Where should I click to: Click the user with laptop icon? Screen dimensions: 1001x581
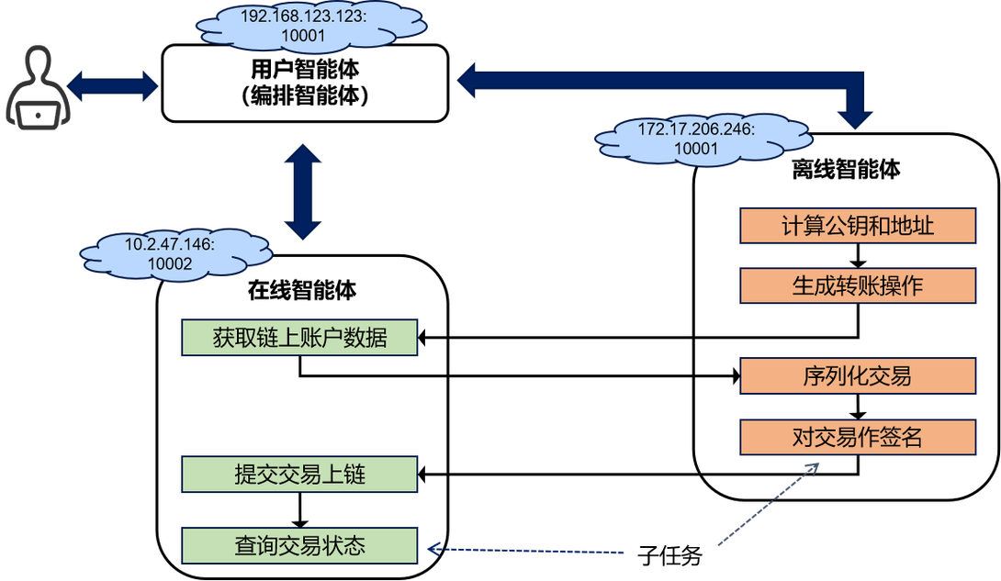tap(38, 88)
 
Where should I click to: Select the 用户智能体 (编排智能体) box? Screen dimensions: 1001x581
tap(305, 84)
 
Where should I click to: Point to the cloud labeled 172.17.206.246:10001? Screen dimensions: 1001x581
tap(703, 139)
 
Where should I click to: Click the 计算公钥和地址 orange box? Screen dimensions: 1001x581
tap(858, 225)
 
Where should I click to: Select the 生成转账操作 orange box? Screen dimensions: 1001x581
tap(858, 285)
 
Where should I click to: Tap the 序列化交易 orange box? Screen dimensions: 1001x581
tap(858, 375)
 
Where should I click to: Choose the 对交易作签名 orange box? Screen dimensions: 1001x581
tap(858, 437)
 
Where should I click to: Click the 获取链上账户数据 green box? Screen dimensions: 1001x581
tap(299, 338)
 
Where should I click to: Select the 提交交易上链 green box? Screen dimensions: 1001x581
tap(299, 474)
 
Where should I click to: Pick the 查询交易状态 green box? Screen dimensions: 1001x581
tap(299, 545)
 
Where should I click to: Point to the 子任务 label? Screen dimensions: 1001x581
tap(669, 555)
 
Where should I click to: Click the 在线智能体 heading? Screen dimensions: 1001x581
tap(302, 290)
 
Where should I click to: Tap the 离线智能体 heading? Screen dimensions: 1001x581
tap(846, 169)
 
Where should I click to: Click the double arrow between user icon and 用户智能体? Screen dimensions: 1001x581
tap(112, 85)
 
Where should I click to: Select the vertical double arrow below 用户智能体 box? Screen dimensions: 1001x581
tap(303, 191)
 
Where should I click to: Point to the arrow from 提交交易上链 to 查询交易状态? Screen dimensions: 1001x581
tap(299, 510)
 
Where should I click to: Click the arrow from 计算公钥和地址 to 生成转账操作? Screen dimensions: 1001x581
tap(858, 256)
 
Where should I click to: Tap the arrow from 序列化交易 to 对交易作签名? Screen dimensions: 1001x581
tap(858, 407)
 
